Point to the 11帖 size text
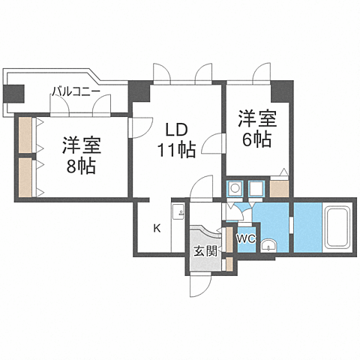click(177, 149)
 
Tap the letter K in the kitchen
click(157, 228)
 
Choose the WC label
click(246, 239)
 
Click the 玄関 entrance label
click(205, 251)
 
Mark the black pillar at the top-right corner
click(280, 92)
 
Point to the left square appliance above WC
click(235, 188)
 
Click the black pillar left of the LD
click(139, 92)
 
